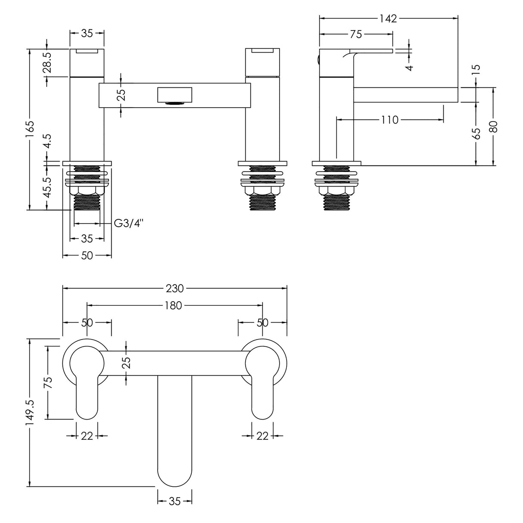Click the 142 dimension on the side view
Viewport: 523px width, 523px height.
click(x=388, y=19)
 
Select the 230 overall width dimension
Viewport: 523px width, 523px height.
click(x=174, y=288)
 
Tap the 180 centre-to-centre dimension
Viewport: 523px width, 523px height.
click(x=174, y=305)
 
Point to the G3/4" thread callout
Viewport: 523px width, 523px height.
click(x=128, y=223)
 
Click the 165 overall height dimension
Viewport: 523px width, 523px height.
click(x=30, y=129)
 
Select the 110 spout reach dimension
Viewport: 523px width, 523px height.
click(x=389, y=120)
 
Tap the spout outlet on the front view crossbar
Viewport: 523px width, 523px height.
click(x=174, y=103)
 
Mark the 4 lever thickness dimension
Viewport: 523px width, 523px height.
click(x=409, y=67)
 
